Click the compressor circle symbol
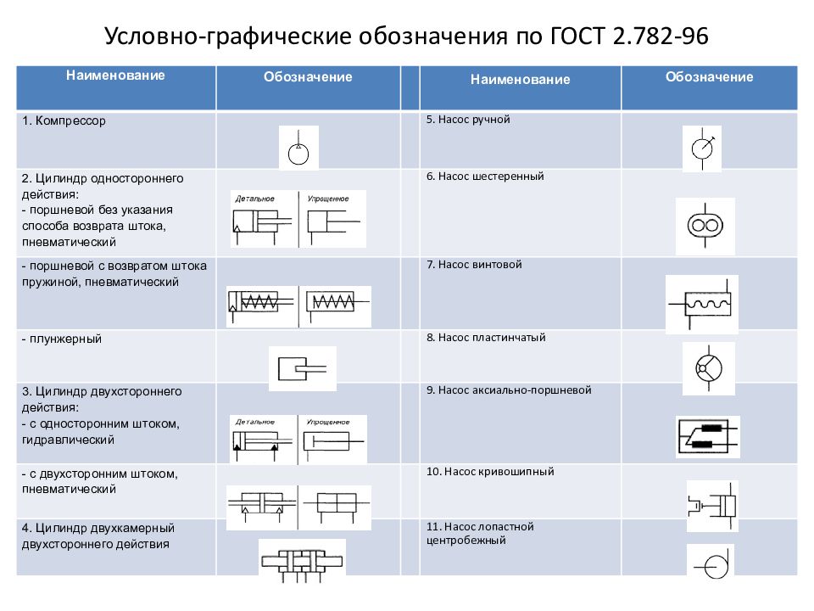(x=298, y=153)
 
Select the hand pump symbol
(x=702, y=149)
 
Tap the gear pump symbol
(x=705, y=226)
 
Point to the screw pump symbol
(x=703, y=304)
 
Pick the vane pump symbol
(x=707, y=367)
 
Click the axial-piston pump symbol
(x=708, y=436)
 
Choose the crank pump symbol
(x=712, y=507)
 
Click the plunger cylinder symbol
(x=302, y=368)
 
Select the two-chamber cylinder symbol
(x=302, y=562)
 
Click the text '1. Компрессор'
(x=64, y=121)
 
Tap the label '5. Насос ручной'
(x=468, y=120)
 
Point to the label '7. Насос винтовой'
(x=474, y=265)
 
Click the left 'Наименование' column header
(x=116, y=76)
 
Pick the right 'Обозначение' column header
(x=709, y=77)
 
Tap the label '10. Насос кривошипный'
(x=490, y=472)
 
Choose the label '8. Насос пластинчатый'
(x=486, y=338)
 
